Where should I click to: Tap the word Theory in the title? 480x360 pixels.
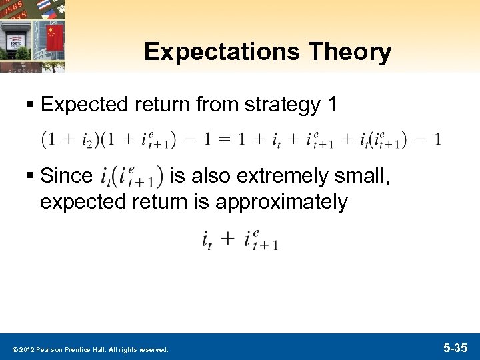pos(357,52)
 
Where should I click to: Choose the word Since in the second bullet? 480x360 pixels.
pos(67,177)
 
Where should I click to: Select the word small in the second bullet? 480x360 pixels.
pos(360,177)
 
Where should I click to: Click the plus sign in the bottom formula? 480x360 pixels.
pos(228,239)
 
